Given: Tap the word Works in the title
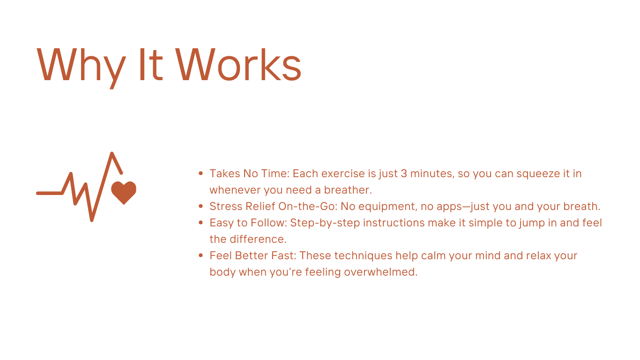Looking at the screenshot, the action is (x=238, y=64).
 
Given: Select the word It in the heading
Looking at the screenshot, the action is (x=151, y=64).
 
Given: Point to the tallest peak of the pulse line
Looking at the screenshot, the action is (x=112, y=154).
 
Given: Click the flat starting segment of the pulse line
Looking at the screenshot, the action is (x=49, y=193).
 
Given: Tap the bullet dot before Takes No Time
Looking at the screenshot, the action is (x=201, y=173).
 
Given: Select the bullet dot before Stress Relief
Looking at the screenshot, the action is (x=201, y=206).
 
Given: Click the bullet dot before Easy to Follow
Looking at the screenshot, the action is (x=201, y=222).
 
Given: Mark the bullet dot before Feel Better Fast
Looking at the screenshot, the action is (x=201, y=255).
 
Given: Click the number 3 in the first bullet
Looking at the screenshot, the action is (x=404, y=173).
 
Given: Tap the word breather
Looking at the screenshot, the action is (x=348, y=190).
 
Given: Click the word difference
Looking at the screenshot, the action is (x=258, y=239).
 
